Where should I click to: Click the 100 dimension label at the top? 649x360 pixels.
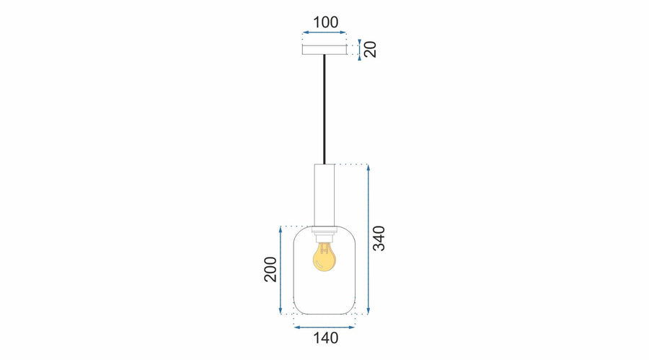325,22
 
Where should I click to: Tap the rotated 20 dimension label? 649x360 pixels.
370,49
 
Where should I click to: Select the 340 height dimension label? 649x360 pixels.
379,238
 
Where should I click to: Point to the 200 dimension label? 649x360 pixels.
270,269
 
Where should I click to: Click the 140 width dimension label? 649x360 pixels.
326,338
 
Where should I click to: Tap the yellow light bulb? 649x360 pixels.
324,258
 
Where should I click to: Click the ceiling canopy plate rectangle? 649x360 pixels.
324,50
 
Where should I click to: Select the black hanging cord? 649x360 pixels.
324,110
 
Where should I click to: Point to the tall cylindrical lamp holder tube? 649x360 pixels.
324,195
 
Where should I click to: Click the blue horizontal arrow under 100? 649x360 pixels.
324,32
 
